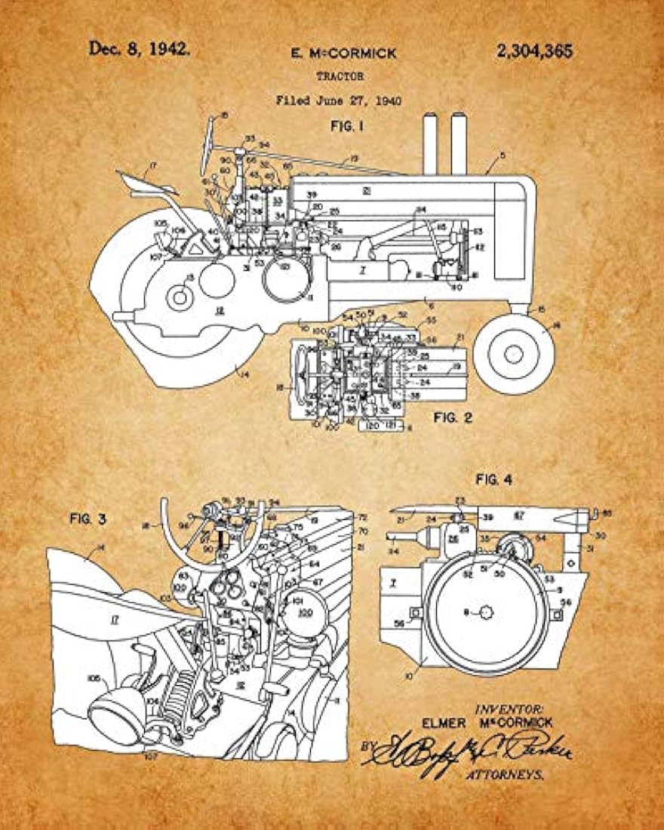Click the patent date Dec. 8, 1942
coord(140,49)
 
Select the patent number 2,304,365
coord(534,51)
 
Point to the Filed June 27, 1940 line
coord(338,100)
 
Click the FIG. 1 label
coord(347,127)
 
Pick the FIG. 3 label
coord(91,519)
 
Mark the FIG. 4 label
coord(494,479)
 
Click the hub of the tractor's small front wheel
coord(515,352)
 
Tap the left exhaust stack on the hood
coord(431,143)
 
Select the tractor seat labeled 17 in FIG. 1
coord(143,182)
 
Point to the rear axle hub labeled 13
coord(180,297)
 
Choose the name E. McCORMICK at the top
coord(343,54)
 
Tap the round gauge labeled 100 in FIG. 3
coord(306,611)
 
